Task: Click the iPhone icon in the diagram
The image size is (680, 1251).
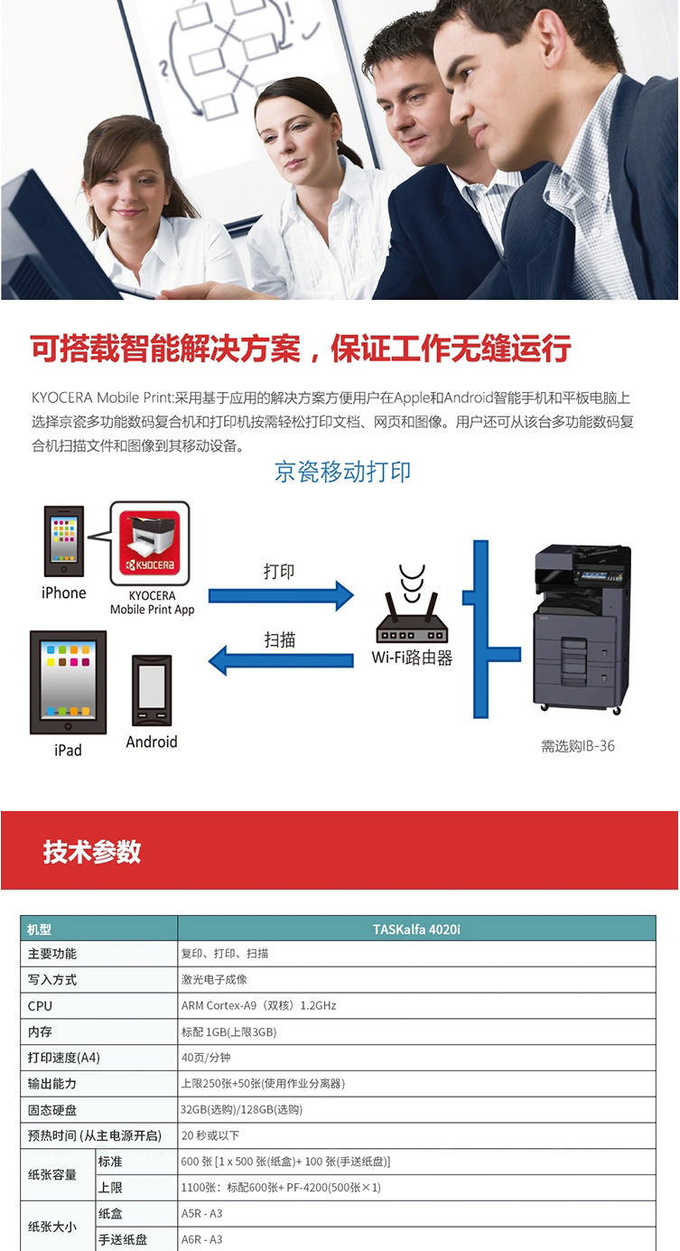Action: (x=64, y=541)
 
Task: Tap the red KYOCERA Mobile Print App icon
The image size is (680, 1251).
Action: (x=150, y=544)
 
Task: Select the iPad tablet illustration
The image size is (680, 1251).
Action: (x=68, y=683)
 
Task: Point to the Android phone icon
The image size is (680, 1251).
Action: (x=152, y=690)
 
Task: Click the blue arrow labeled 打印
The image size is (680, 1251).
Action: (x=281, y=595)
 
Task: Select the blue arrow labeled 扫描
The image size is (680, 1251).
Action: (x=281, y=660)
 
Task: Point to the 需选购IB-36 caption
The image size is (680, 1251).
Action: (x=578, y=745)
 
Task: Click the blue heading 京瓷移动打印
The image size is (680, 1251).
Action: (x=343, y=471)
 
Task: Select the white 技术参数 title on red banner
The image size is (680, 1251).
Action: (x=92, y=852)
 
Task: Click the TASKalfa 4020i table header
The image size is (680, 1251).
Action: (x=416, y=929)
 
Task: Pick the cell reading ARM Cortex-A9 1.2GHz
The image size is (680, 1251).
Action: (x=258, y=1005)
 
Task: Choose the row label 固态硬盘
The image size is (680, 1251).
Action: (x=51, y=1110)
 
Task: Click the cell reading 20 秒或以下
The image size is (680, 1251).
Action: (x=210, y=1135)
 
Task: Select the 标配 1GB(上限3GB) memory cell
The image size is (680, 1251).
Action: (x=228, y=1032)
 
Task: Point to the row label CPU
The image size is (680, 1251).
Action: (x=40, y=1006)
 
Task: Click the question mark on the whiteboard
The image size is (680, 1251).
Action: (x=163, y=69)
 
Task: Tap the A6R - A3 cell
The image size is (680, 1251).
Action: (x=201, y=1239)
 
